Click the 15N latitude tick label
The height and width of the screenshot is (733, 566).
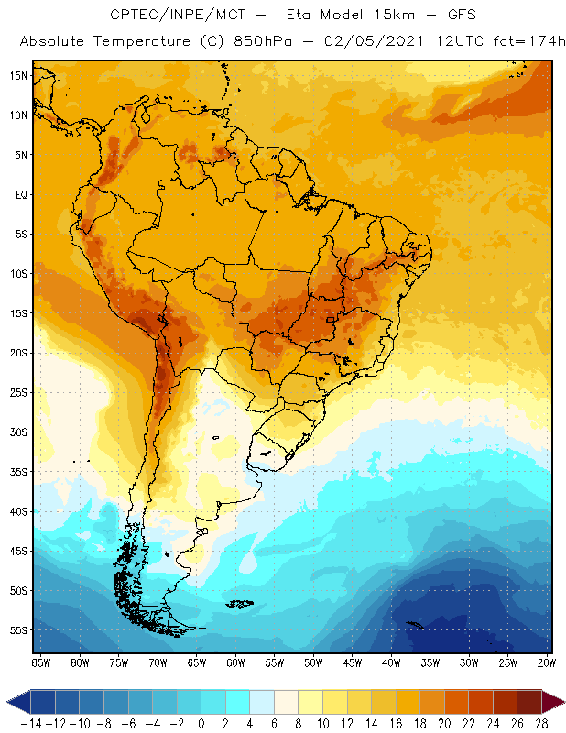(x=18, y=75)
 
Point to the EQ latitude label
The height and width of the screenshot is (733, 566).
(x=20, y=194)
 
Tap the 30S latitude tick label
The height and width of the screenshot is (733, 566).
(x=18, y=432)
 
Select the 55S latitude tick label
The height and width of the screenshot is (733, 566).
(x=18, y=630)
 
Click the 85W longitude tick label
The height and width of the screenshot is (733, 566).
(x=41, y=662)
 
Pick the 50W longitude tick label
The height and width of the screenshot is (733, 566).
(x=314, y=662)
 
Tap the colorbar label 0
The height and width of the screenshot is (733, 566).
(x=201, y=723)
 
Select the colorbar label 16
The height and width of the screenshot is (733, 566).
(x=396, y=723)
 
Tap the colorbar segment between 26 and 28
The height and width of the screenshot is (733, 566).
(x=529, y=702)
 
